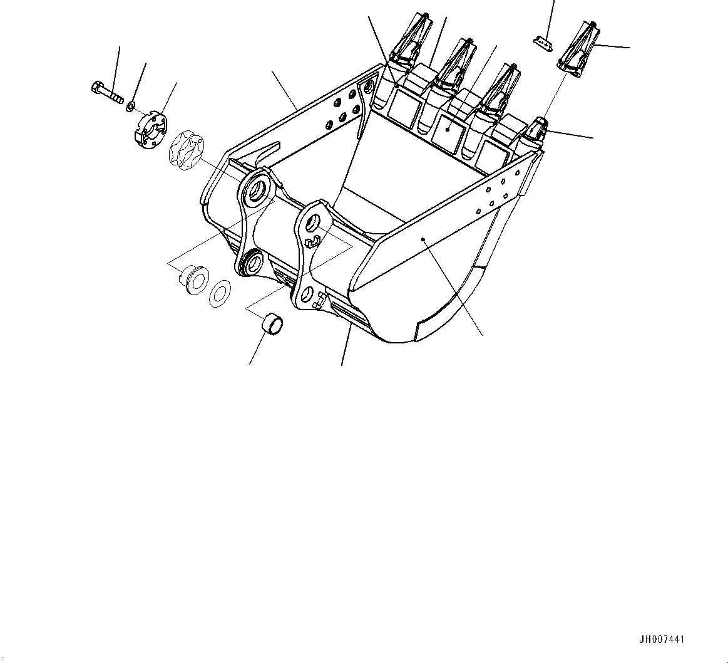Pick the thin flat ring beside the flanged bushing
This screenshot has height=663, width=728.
[x=220, y=291]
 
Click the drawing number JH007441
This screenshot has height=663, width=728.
[x=661, y=640]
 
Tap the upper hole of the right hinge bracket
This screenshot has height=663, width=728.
[x=311, y=222]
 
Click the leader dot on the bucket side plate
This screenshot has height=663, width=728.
[x=424, y=239]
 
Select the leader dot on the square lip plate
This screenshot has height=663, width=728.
[x=448, y=128]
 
